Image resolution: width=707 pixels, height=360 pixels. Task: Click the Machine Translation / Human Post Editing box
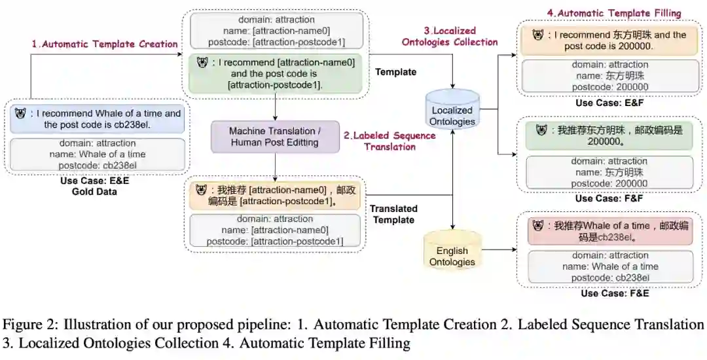pos(275,136)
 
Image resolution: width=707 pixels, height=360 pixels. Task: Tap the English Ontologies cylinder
pos(452,253)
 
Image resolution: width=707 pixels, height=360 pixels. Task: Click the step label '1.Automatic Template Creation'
pos(105,44)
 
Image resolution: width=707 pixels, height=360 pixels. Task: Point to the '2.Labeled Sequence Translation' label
pos(390,141)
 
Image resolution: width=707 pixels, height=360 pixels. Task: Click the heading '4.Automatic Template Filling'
pos(614,13)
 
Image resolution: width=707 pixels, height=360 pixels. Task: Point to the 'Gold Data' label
pos(94,191)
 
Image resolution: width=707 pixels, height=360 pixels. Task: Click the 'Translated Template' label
pos(393,214)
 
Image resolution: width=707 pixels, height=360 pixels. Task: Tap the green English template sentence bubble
pos(275,74)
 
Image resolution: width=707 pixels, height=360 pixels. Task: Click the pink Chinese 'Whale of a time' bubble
pos(610,231)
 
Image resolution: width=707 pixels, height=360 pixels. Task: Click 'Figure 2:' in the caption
pos(26,325)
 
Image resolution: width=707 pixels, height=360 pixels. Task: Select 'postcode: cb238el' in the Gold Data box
pos(97,165)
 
